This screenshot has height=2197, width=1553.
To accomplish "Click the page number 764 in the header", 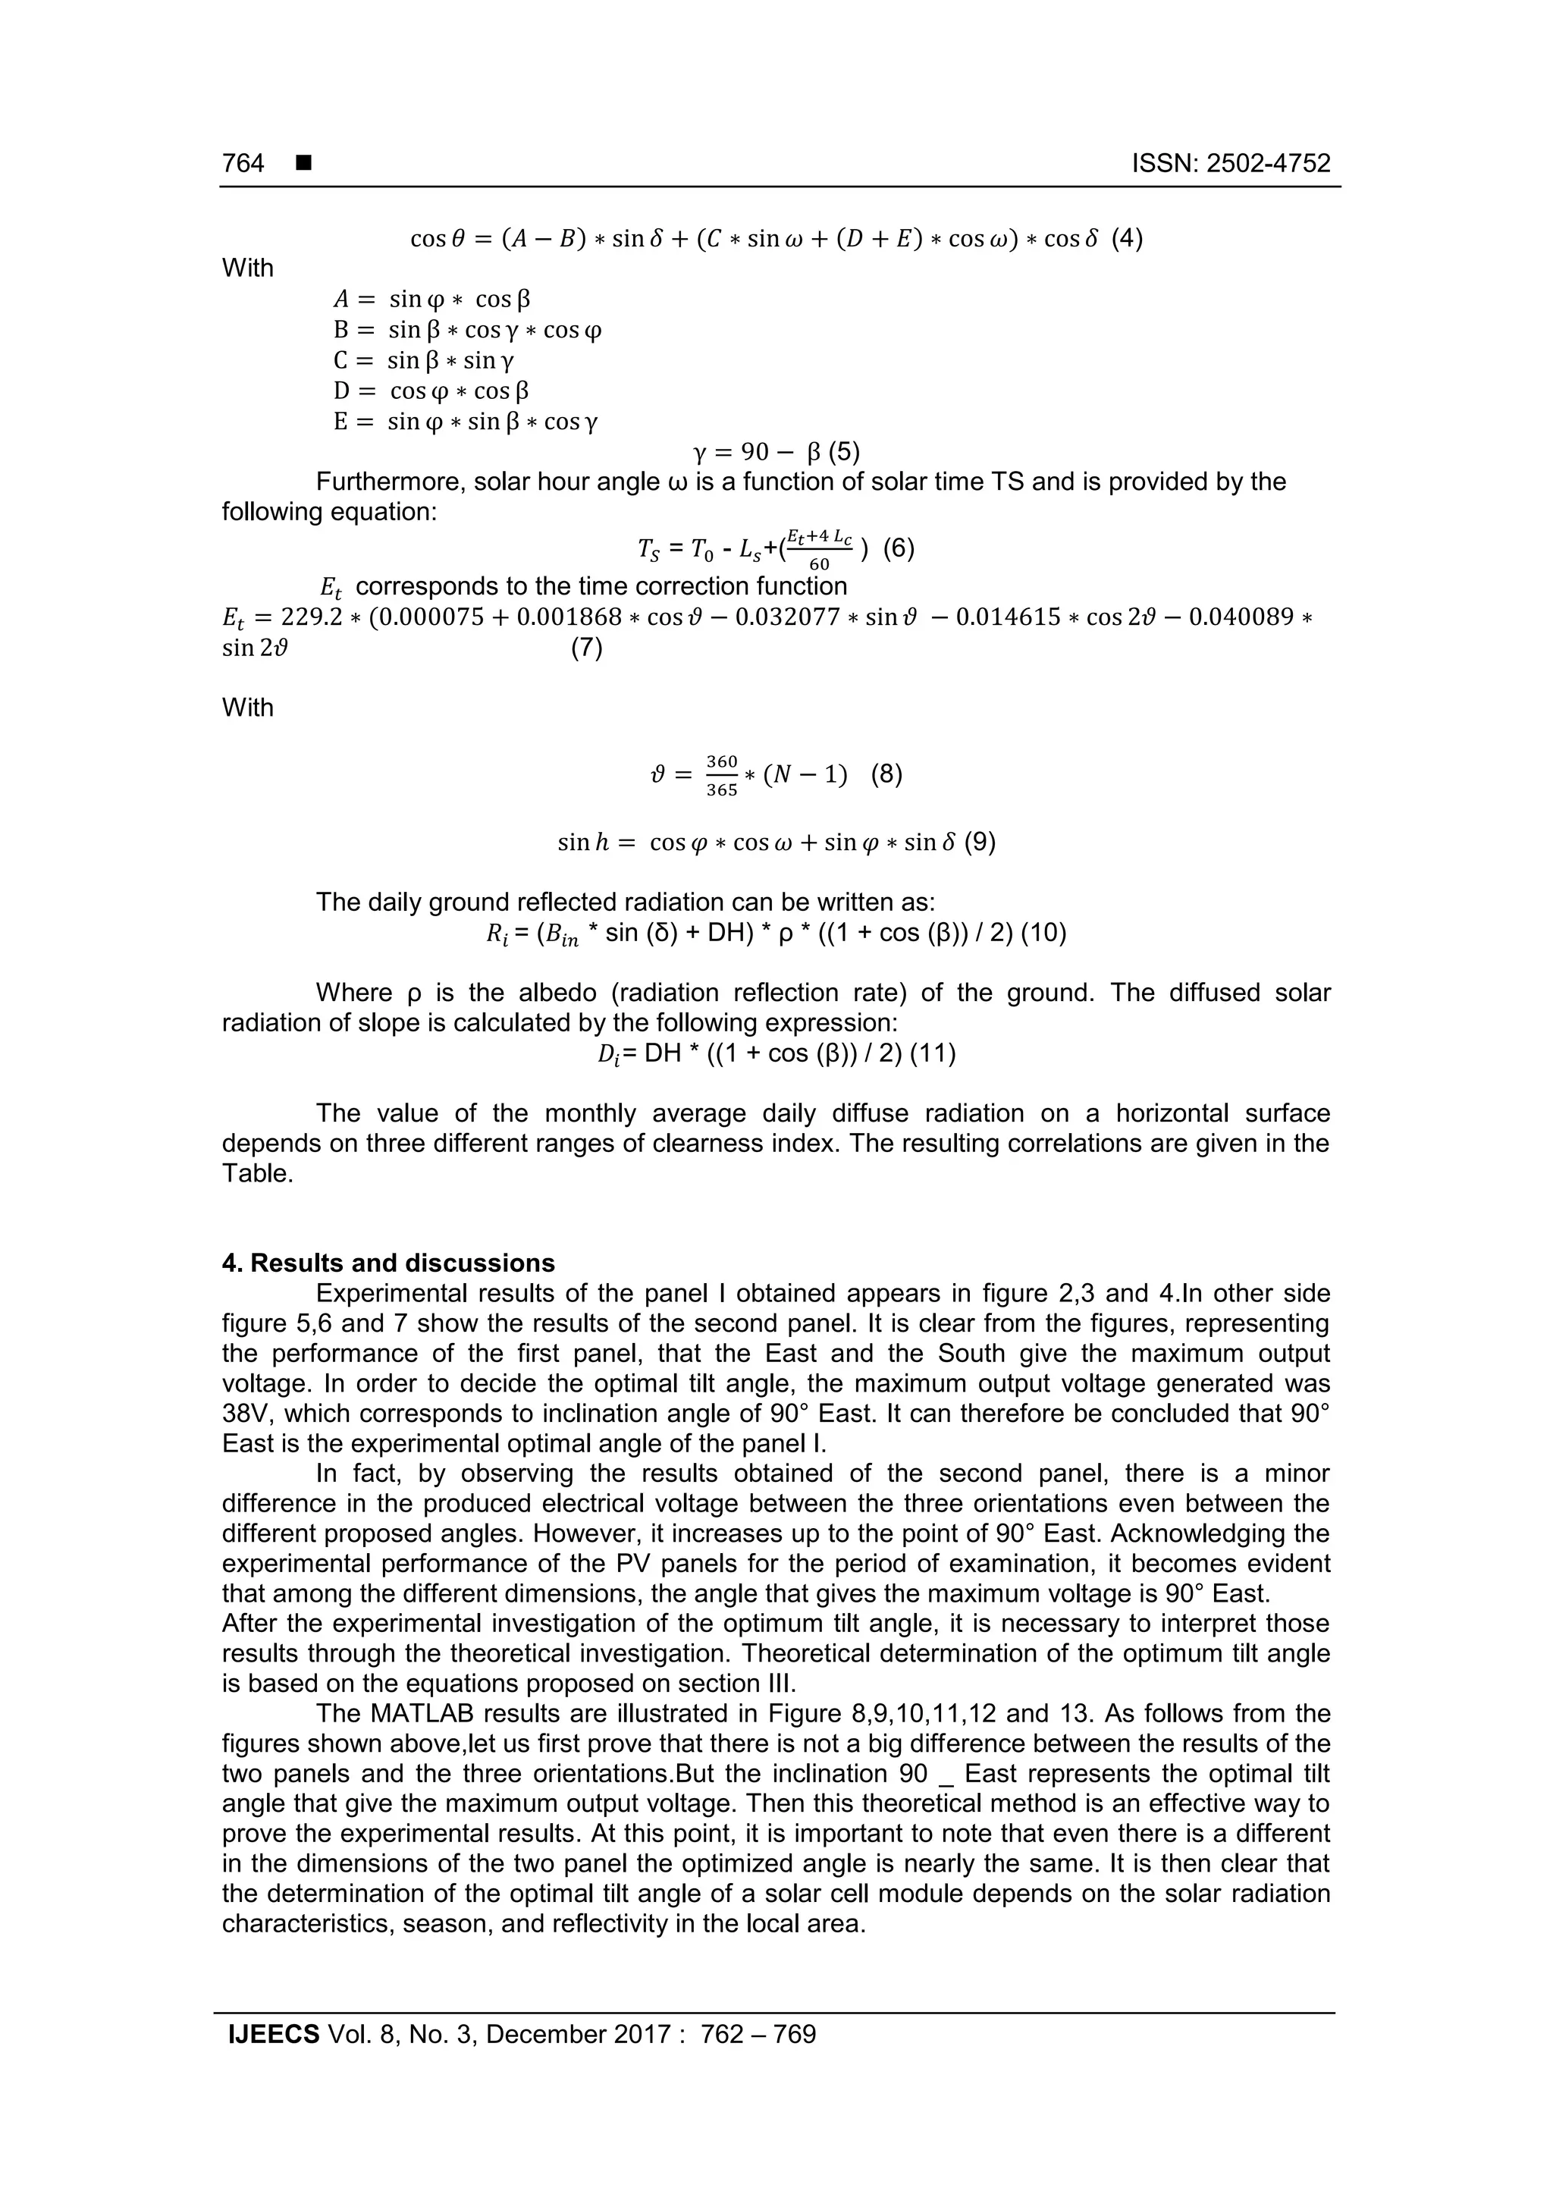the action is click(x=243, y=164).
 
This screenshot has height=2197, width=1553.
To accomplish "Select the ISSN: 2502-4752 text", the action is click(x=1231, y=164).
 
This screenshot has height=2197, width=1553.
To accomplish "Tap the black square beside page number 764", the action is click(x=304, y=164).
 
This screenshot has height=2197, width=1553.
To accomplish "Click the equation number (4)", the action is click(x=1127, y=238).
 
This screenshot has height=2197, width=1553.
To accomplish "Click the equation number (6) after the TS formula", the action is click(x=899, y=548).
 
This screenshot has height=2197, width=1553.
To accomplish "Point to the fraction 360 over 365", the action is click(x=721, y=775).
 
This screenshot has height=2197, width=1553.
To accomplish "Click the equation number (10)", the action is click(x=1043, y=932).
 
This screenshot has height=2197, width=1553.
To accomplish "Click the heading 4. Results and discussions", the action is click(x=388, y=1263).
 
